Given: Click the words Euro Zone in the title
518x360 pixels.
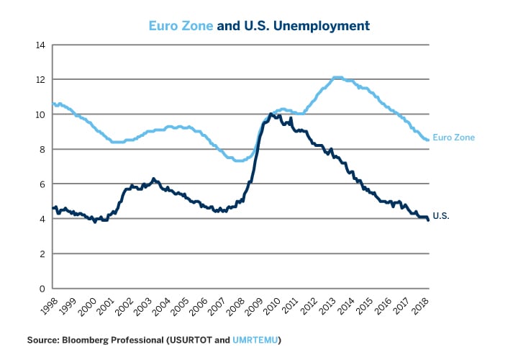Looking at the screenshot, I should (x=181, y=26).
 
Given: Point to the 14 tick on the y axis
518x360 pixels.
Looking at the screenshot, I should (x=40, y=45).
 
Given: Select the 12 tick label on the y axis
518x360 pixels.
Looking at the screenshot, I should (x=40, y=79).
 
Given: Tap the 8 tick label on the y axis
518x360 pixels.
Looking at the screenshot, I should (x=42, y=149).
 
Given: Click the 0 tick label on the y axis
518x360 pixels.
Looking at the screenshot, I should (x=42, y=289).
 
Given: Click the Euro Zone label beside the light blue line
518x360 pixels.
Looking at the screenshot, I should (x=453, y=137).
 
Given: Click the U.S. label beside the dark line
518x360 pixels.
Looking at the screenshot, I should (x=440, y=215).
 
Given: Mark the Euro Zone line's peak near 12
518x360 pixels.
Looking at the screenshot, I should (x=337, y=77).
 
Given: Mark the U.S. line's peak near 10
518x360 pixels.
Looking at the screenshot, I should (x=271, y=114).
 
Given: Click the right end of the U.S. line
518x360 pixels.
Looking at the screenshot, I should (x=430, y=220).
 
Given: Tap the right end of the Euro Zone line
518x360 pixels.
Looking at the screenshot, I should (x=430, y=140).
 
